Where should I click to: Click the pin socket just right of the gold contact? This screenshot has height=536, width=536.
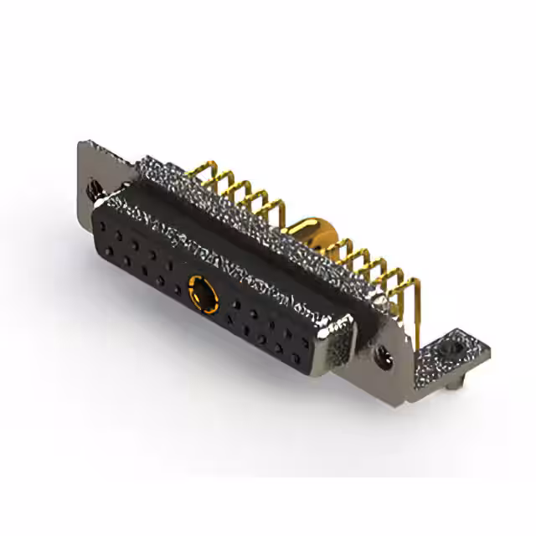point(229,307)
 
